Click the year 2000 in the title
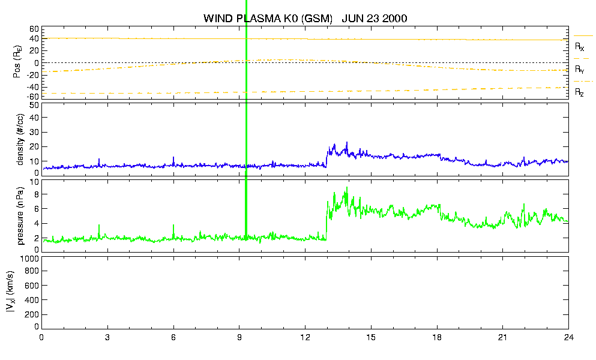(394, 18)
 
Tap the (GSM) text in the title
(317, 18)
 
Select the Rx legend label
(579, 46)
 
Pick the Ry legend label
(579, 69)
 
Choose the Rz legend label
(579, 92)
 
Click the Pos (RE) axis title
(17, 62)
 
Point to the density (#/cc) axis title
(20, 140)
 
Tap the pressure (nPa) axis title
(20, 216)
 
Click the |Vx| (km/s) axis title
(11, 292)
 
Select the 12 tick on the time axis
(305, 337)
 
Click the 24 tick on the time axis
(568, 337)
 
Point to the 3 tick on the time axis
(107, 337)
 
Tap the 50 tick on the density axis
(34, 105)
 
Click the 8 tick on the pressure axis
(37, 194)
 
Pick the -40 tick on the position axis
(32, 86)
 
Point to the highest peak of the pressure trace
(347, 187)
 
